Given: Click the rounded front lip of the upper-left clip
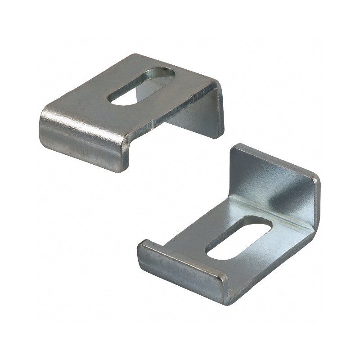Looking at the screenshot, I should coord(81,135).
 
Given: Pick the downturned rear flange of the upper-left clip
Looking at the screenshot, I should coord(198,112).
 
